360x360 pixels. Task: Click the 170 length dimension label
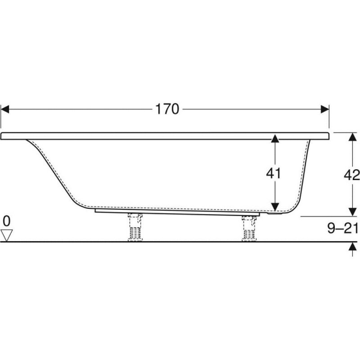click(x=167, y=109)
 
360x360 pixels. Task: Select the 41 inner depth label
click(x=273, y=173)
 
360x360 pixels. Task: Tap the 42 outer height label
click(x=352, y=176)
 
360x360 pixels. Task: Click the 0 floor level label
click(x=7, y=221)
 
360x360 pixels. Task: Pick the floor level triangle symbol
click(x=6, y=235)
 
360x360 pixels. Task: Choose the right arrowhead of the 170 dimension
click(x=325, y=109)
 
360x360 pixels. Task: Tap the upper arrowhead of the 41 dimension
click(x=275, y=139)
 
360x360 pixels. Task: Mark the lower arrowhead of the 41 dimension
click(x=275, y=207)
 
